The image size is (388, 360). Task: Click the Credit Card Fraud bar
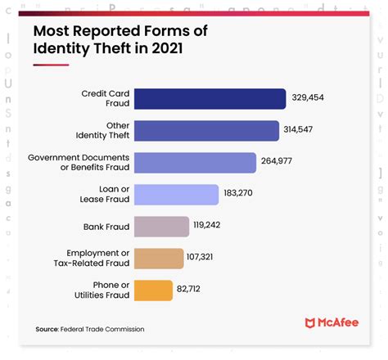tap(210, 99)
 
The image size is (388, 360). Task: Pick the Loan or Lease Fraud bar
tap(175, 195)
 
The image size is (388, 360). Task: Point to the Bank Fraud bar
tap(161, 227)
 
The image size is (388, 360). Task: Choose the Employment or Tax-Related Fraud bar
tap(158, 259)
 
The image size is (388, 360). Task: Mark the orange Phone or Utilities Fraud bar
tap(152, 290)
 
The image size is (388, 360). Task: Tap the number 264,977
tap(282, 163)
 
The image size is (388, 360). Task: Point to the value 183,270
tap(245, 195)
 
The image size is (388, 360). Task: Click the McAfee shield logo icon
tap(310, 324)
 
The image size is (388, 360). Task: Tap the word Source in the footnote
tap(46, 329)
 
